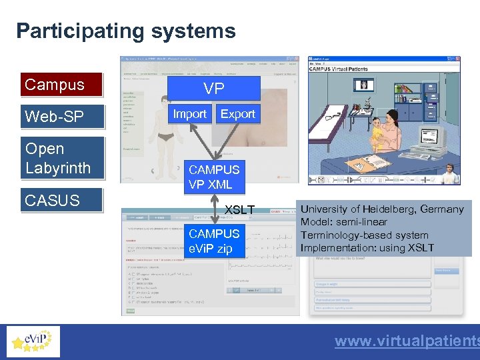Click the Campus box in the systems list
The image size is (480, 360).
pyautogui.click(x=61, y=85)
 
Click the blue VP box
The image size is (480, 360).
pyautogui.click(x=213, y=89)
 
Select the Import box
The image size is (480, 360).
pyautogui.click(x=189, y=114)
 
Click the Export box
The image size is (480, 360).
pyautogui.click(x=237, y=114)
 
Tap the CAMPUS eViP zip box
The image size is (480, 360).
pyautogui.click(x=213, y=241)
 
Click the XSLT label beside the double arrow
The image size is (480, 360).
pyautogui.click(x=239, y=210)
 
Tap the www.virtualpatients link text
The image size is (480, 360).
pyautogui.click(x=407, y=341)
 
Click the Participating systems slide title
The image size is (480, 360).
pyautogui.click(x=126, y=31)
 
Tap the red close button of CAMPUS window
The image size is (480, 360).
pyautogui.click(x=456, y=60)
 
